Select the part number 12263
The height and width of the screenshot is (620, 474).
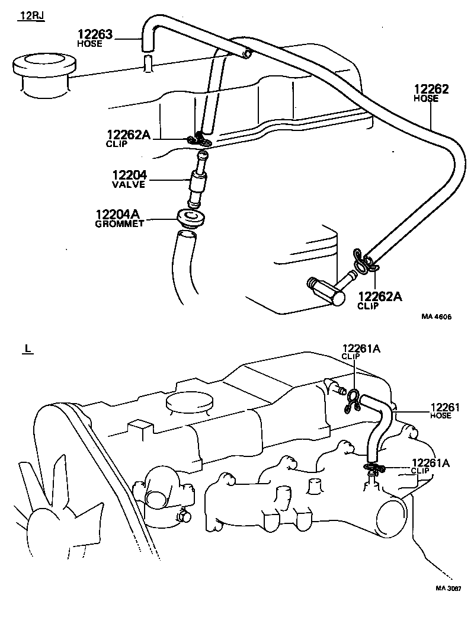(95, 34)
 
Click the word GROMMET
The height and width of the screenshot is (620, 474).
(120, 223)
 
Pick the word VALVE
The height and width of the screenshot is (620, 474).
(129, 184)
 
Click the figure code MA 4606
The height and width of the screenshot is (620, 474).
(436, 317)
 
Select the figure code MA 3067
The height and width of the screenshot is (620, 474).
(448, 589)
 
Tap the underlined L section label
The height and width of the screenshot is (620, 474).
(26, 349)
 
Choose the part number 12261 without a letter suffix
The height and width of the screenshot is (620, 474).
(445, 407)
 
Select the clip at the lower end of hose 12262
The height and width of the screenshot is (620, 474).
(361, 260)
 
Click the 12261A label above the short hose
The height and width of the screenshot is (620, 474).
(361, 349)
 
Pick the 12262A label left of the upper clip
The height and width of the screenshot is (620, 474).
(129, 135)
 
